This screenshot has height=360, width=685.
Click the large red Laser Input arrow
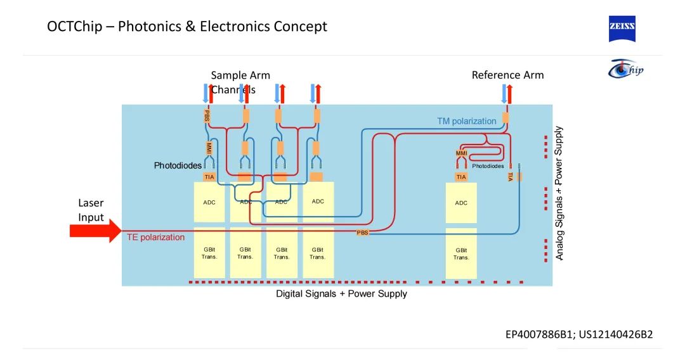pyautogui.click(x=95, y=231)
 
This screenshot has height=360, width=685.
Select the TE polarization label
pyautogui.click(x=156, y=238)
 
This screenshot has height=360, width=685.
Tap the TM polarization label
pyautogui.click(x=466, y=121)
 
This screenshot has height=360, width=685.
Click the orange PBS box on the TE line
pyautogui.click(x=363, y=233)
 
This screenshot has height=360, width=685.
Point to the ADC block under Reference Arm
pyautogui.click(x=461, y=203)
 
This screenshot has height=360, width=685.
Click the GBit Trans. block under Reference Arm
pyautogui.click(x=461, y=254)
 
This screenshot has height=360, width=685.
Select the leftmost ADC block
pyautogui.click(x=209, y=202)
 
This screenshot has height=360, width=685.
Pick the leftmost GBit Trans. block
pyautogui.click(x=209, y=253)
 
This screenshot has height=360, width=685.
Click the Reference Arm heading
pyautogui.click(x=507, y=75)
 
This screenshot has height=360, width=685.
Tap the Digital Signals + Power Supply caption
pyautogui.click(x=341, y=294)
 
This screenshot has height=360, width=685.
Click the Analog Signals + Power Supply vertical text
pyautogui.click(x=559, y=193)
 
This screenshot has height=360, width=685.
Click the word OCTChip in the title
pyautogui.click(x=74, y=27)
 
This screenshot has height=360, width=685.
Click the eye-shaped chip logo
pyautogui.click(x=625, y=68)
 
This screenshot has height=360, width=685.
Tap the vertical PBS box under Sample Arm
pyautogui.click(x=207, y=116)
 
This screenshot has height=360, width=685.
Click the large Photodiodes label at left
pyautogui.click(x=178, y=166)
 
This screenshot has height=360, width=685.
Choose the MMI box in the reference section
pyautogui.click(x=461, y=153)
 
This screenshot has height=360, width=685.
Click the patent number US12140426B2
pyautogui.click(x=615, y=334)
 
